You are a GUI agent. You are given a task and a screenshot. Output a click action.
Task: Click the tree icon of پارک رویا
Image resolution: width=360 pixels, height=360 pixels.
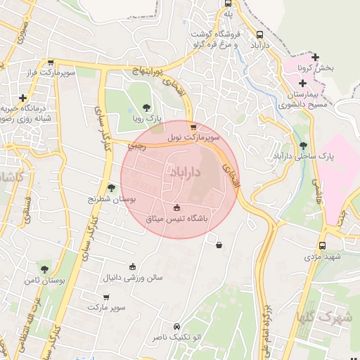click(x=146, y=108)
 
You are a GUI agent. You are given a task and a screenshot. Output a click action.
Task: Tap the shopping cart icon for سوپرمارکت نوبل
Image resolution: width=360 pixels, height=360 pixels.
click(x=193, y=127)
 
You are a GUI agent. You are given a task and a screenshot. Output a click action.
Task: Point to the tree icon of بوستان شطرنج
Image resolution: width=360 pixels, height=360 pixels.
click(x=111, y=187)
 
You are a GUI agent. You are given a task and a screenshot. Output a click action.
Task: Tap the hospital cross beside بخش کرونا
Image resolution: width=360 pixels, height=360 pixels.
click(x=316, y=57)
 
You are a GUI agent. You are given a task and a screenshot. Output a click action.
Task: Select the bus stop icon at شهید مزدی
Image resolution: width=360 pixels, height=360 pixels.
click(x=322, y=245)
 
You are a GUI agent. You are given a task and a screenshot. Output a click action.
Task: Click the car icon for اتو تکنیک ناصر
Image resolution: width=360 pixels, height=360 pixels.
click(x=176, y=326)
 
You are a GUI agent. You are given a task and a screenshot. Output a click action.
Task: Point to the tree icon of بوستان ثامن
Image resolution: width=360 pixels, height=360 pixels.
click(x=44, y=269)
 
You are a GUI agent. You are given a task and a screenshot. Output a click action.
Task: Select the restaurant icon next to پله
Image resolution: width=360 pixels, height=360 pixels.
click(x=228, y=3)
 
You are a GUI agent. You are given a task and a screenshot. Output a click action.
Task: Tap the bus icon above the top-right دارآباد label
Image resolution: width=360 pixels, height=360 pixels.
click(x=260, y=34)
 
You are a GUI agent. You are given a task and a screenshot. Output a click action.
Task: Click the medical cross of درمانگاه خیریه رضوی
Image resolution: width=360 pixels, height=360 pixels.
click(x=23, y=98)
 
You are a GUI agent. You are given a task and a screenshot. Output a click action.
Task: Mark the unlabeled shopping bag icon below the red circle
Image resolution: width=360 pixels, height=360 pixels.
click(x=219, y=245)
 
